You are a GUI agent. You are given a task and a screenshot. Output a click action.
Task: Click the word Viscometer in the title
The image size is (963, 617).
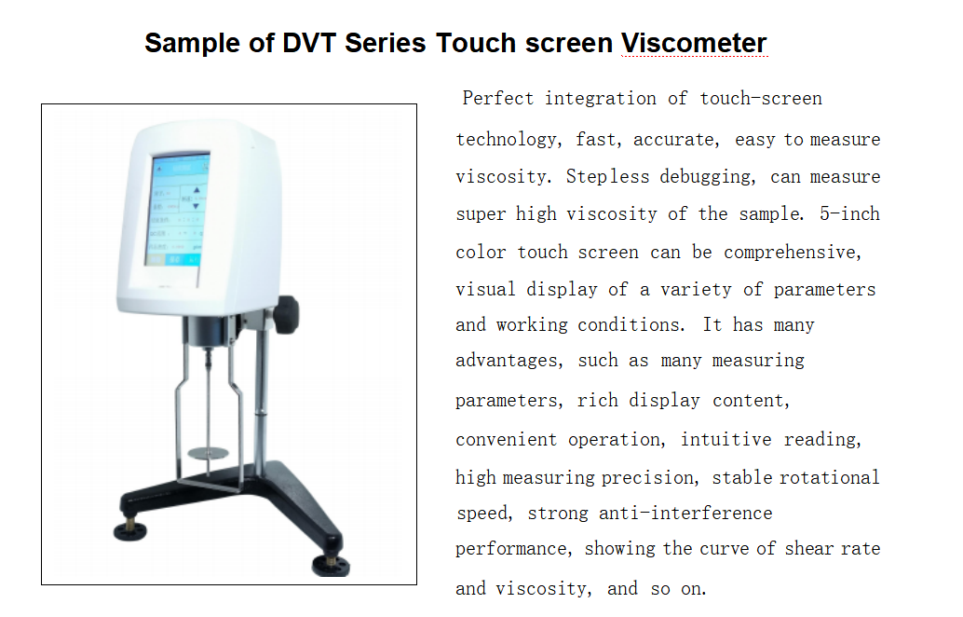click(x=694, y=43)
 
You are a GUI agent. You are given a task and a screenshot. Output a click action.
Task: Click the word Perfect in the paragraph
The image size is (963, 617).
click(x=498, y=98)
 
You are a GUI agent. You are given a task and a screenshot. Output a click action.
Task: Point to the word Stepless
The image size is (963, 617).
click(x=607, y=177)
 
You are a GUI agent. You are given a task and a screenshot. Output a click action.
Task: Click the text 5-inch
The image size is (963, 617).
click(x=849, y=213)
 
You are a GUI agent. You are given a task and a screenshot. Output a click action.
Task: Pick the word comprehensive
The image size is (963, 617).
click(x=793, y=253)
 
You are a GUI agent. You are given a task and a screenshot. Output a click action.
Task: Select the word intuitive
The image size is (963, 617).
click(x=726, y=439)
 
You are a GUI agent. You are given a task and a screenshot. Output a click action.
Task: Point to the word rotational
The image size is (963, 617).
click(x=827, y=477)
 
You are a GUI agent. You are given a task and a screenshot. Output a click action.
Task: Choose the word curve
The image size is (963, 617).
click(x=724, y=549)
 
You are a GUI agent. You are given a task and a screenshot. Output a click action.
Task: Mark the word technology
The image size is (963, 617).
click(x=509, y=140)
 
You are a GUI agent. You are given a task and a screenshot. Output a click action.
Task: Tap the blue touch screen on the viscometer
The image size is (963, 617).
click(x=177, y=210)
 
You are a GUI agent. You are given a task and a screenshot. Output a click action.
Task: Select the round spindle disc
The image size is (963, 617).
click(x=209, y=454)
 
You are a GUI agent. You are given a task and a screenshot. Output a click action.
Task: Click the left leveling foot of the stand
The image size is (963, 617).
click(x=130, y=529)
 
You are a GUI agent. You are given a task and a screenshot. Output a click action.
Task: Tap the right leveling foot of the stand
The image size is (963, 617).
click(x=331, y=565)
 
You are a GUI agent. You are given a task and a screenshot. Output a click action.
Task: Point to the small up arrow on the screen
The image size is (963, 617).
click(x=197, y=190)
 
